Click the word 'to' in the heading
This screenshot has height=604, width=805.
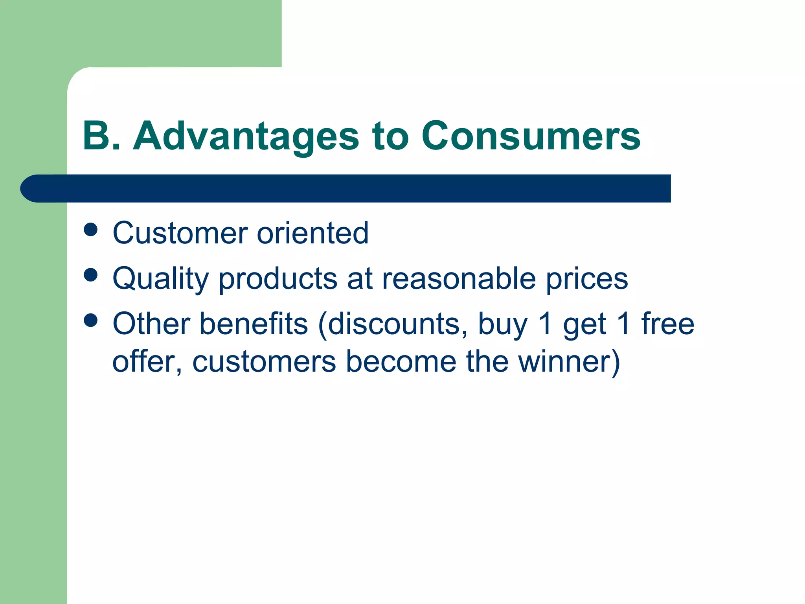pos(391,136)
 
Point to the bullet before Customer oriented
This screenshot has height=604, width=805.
pos(91,230)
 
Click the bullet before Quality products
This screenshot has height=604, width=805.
pos(91,275)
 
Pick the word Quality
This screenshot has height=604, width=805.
pos(160,279)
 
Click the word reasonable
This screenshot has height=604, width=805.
pos(459,278)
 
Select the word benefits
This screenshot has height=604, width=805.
pos(254,324)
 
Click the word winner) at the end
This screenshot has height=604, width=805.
pos(569,362)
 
